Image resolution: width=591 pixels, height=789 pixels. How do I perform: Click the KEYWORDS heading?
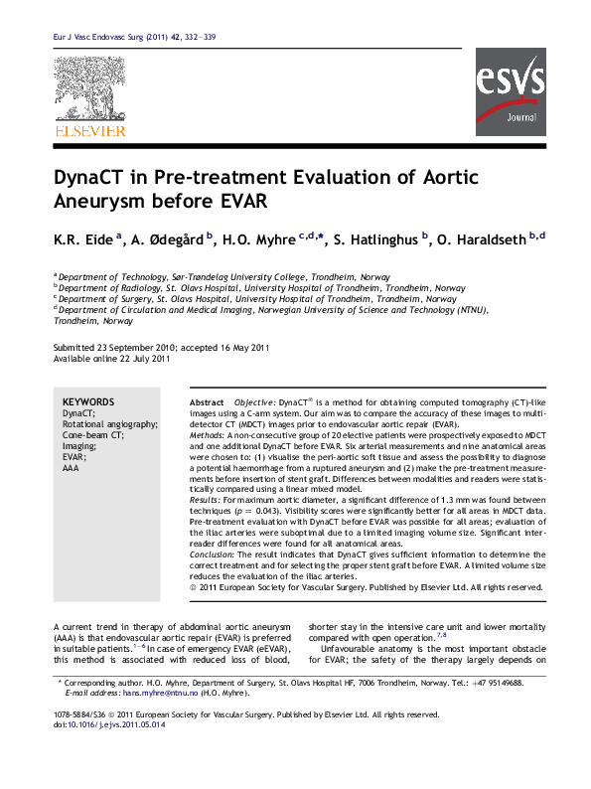pos(87,401)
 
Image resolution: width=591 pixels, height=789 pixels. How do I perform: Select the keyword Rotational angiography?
pos(109,424)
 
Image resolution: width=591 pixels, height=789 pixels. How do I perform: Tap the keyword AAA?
pos(70,467)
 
